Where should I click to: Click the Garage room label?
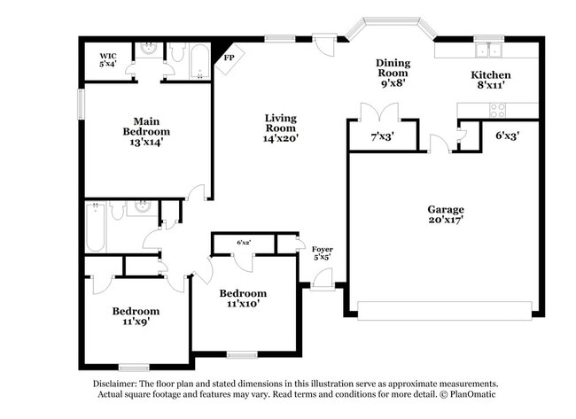[446, 209]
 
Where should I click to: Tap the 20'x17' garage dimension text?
[446, 221]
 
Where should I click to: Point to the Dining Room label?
[393, 68]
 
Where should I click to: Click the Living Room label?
[280, 123]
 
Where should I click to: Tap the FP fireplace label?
[229, 57]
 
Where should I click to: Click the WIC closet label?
[108, 55]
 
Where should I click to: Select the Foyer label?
[323, 250]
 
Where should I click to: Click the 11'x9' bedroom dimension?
[136, 323]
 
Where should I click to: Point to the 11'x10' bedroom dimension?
[242, 305]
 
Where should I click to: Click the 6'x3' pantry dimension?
[507, 136]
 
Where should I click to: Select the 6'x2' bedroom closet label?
[244, 242]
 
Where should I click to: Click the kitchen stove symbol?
[497, 111]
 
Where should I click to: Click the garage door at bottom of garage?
[444, 310]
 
